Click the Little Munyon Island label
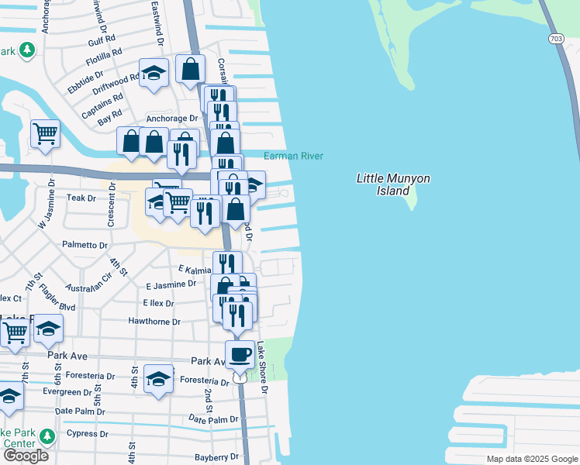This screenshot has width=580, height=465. (392, 184)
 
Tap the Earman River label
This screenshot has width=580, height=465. (294, 156)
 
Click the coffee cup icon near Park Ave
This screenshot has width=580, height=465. (240, 355)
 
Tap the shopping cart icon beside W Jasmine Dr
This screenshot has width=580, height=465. (45, 133)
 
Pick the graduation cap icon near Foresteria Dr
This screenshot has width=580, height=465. (158, 379)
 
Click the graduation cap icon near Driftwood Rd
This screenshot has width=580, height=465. (154, 73)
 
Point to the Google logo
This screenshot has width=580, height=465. (26, 456)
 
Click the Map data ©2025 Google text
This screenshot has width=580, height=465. (531, 459)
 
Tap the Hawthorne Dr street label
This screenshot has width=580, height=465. (155, 322)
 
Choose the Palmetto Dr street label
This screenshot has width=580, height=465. (85, 245)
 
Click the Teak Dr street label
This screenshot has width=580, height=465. (81, 198)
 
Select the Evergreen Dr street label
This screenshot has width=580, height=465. (67, 392)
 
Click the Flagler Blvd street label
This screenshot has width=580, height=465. (59, 306)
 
